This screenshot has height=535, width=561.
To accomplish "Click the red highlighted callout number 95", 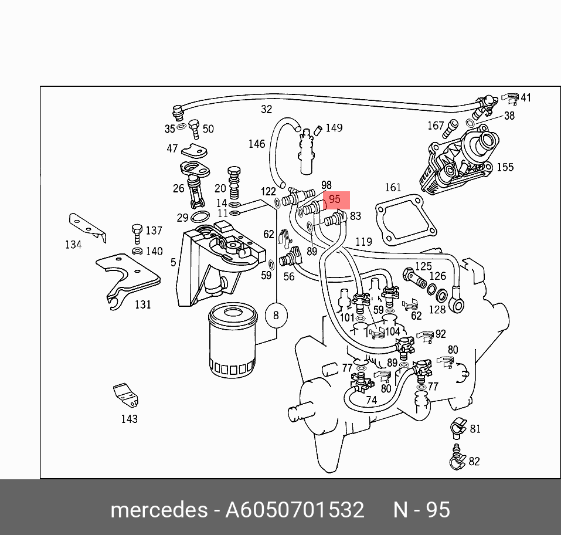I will (335, 199).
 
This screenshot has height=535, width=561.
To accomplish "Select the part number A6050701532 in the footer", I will (295, 509).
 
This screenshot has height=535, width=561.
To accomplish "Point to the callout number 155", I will (505, 167).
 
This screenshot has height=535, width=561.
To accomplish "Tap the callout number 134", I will (73, 245).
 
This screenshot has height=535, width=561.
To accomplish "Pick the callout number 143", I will (129, 419).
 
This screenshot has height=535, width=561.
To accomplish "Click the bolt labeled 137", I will (137, 232).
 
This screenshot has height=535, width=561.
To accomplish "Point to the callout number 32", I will (266, 109).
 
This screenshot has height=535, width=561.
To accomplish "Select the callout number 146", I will (257, 144).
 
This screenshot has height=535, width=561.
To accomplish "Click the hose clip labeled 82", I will (456, 460).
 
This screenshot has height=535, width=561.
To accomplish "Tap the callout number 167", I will (436, 125).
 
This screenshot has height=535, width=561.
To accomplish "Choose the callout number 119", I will (363, 241).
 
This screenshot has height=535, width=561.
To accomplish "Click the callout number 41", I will (526, 98).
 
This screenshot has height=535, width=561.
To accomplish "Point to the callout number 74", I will (371, 400).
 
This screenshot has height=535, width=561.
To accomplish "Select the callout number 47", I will (172, 148).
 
